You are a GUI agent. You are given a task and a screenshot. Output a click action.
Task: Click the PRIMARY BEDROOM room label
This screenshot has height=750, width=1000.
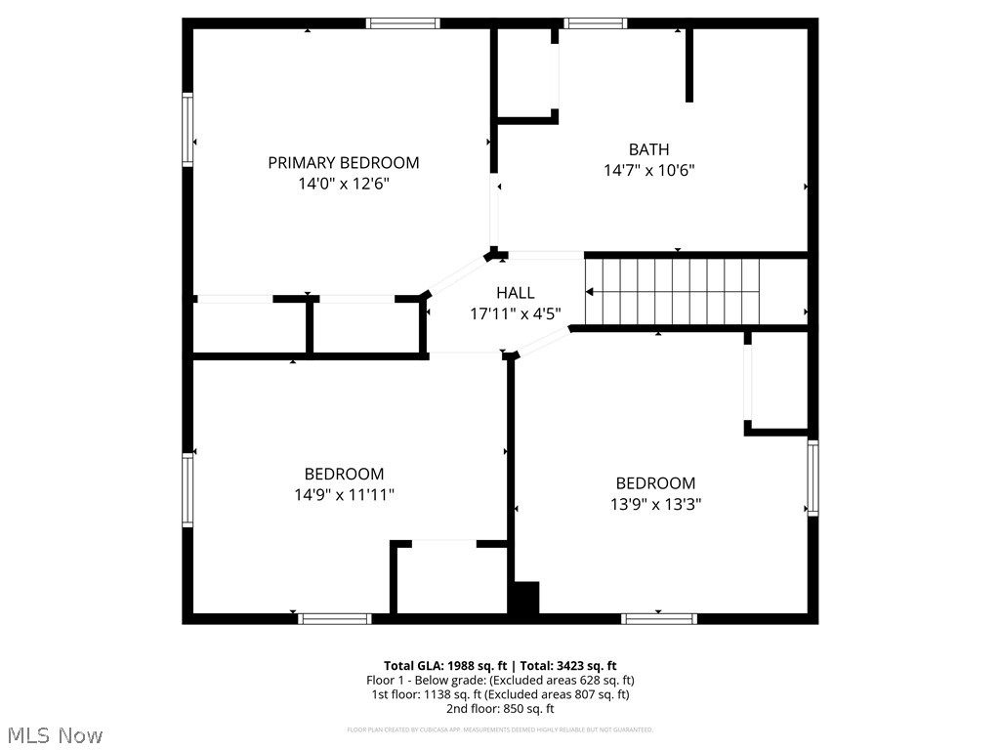pyautogui.click(x=344, y=163)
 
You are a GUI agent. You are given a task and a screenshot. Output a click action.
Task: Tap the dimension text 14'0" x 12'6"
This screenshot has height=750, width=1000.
pyautogui.click(x=344, y=184)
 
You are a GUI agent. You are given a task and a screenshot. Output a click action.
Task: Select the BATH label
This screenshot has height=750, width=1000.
pyautogui.click(x=648, y=149)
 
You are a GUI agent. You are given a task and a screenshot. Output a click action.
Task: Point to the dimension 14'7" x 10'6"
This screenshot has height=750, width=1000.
pyautogui.click(x=648, y=170)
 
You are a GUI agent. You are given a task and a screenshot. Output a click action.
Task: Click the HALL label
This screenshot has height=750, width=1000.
pyautogui.click(x=515, y=293)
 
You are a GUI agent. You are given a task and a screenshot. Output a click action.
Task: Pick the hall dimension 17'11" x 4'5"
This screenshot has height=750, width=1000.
pyautogui.click(x=515, y=313)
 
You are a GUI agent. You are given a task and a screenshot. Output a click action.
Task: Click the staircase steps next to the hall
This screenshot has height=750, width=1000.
pyautogui.click(x=674, y=291)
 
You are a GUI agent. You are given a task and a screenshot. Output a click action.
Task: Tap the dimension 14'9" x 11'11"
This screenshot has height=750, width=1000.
pyautogui.click(x=344, y=495)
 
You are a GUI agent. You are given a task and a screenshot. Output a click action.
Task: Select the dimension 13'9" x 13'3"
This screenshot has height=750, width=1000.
pyautogui.click(x=655, y=504)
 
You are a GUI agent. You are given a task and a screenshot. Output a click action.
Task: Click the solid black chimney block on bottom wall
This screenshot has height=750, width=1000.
pyautogui.click(x=525, y=599)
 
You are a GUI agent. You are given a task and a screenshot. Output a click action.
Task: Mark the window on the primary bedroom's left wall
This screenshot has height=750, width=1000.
pyautogui.click(x=187, y=129)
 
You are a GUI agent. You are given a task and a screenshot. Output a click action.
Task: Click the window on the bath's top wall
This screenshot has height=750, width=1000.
pyautogui.click(x=595, y=23)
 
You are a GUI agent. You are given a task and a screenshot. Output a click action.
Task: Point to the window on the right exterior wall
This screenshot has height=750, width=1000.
pyautogui.click(x=812, y=478)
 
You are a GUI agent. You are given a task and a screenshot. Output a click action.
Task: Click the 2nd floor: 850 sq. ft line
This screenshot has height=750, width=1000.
pyautogui.click(x=500, y=709)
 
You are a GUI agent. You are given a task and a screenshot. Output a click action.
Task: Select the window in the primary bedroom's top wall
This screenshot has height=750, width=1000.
pyautogui.click(x=403, y=23)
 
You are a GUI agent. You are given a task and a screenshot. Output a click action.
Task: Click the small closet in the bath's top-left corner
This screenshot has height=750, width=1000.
pyautogui.click(x=527, y=74)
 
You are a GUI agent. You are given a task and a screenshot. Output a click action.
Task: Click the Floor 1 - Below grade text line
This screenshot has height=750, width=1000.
pyautogui.click(x=500, y=680)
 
